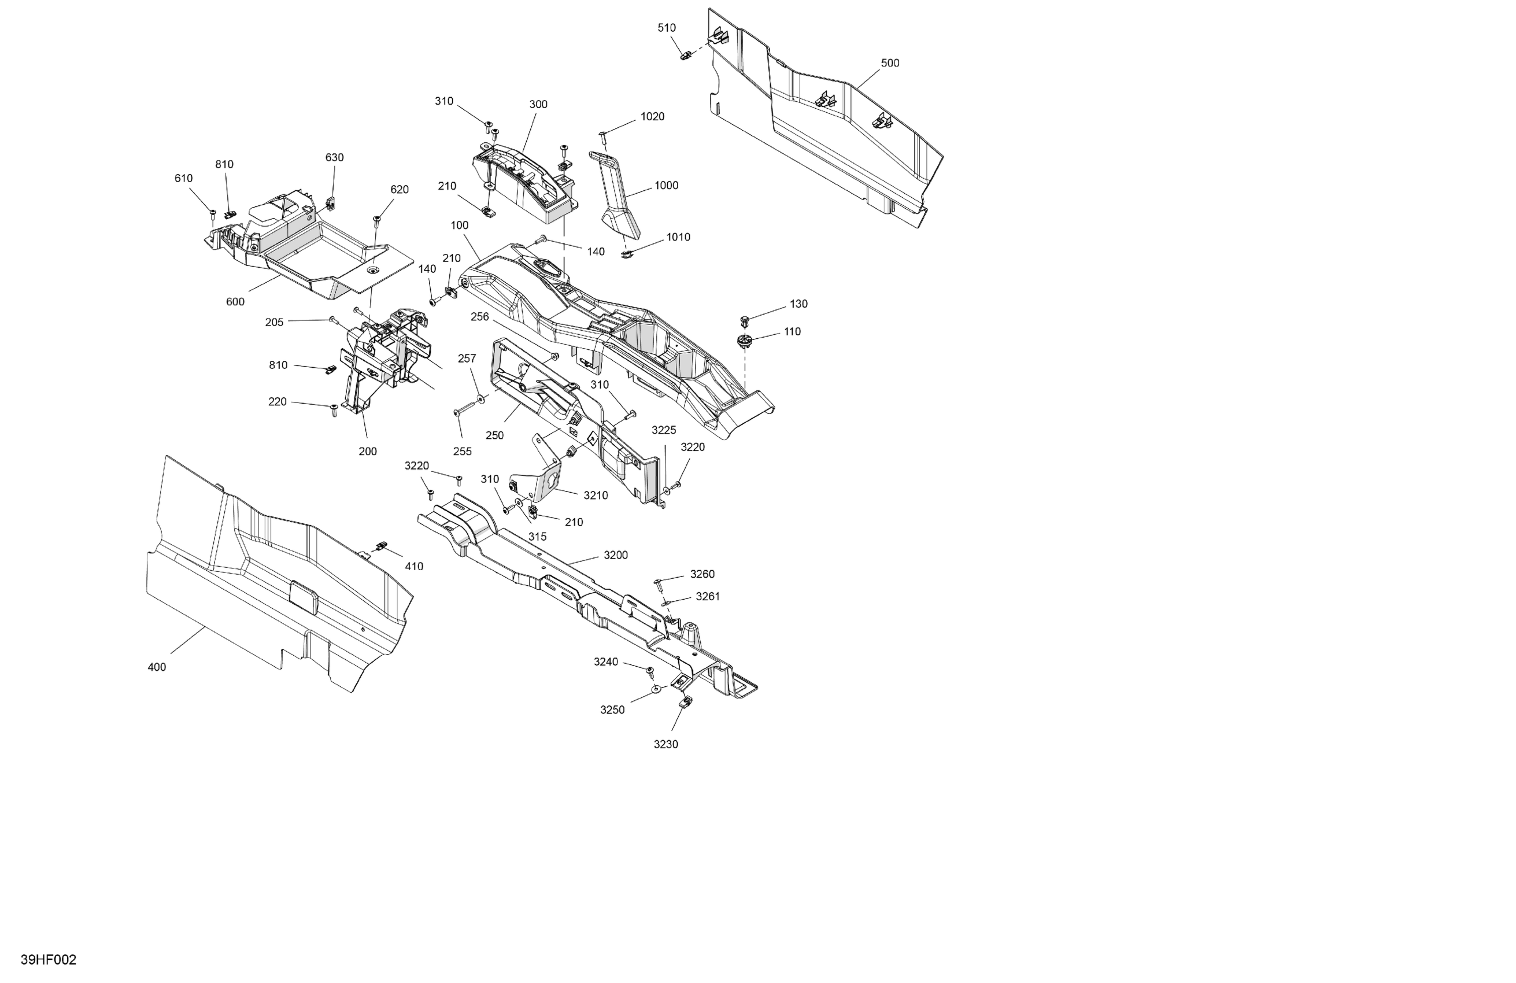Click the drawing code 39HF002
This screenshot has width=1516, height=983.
(49, 960)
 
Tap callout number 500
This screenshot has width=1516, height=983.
(890, 63)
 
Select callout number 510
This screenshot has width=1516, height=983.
(666, 28)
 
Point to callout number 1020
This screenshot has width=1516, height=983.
(652, 117)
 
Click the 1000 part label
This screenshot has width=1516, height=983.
(666, 186)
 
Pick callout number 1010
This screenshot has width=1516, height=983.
(678, 237)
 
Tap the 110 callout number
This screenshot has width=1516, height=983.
(792, 331)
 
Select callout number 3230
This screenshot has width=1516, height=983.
(665, 744)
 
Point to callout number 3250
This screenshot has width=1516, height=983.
(612, 709)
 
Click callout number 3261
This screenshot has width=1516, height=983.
(708, 596)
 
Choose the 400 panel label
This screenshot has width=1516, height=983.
(157, 667)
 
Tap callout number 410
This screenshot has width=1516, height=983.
(414, 566)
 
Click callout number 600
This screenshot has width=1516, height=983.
(235, 301)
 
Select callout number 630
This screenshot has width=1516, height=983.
(334, 157)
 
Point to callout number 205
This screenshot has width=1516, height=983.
(274, 322)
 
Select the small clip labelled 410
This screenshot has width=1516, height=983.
(382, 545)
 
